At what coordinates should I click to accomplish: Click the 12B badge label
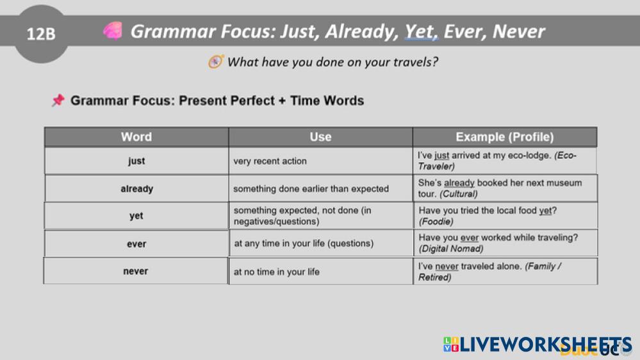coord(41,34)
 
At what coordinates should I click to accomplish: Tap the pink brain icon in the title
coord(113,31)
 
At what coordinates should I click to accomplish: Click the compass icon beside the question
coord(216,61)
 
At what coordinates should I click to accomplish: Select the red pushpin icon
coord(58,101)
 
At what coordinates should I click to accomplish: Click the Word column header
coord(136,136)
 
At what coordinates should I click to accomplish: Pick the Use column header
coord(320,136)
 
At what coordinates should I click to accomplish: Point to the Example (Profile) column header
coord(504,136)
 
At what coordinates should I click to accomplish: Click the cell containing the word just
coord(136,161)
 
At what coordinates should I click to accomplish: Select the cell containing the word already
coord(136,188)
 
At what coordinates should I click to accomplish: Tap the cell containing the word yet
coord(136,215)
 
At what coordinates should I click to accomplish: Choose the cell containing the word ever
coord(136,243)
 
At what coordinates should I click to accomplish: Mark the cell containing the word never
coord(136,271)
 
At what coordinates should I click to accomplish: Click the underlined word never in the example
coord(447,266)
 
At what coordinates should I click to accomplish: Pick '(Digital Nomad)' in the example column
coord(451,249)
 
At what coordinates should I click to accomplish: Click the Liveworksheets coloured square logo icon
coord(451,345)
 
